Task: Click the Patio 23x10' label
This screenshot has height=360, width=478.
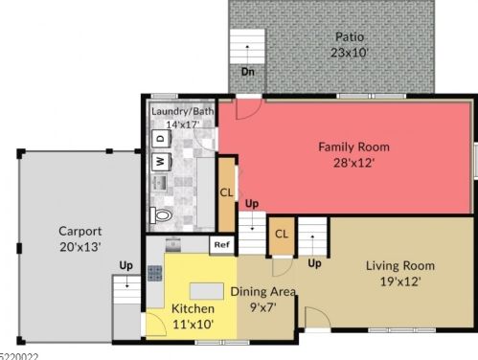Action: (x=350, y=45)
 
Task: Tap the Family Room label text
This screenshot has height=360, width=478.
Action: (x=353, y=147)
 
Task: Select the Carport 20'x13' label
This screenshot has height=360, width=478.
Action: (x=80, y=238)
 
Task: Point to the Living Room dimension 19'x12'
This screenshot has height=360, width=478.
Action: (x=400, y=281)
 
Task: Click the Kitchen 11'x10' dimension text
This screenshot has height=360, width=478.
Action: (x=193, y=325)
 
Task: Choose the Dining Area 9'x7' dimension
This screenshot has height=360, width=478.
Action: (x=262, y=307)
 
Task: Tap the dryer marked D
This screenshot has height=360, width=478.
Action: (x=161, y=139)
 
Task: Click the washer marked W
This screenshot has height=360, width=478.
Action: (x=161, y=162)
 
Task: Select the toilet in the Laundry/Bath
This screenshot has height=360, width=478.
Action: (x=161, y=215)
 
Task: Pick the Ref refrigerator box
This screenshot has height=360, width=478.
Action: (x=222, y=245)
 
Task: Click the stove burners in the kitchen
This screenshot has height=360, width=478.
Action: (x=155, y=274)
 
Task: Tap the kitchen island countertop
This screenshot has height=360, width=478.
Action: (x=207, y=291)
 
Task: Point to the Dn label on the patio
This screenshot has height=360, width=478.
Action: (x=248, y=72)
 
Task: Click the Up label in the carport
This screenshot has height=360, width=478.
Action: (x=125, y=265)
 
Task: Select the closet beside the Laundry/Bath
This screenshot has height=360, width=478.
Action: (x=226, y=193)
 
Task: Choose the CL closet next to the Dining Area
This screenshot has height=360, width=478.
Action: (x=282, y=235)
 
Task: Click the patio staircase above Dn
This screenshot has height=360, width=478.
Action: (x=247, y=47)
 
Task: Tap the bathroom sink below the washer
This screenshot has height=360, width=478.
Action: (x=159, y=183)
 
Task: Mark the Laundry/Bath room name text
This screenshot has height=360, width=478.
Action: (x=182, y=112)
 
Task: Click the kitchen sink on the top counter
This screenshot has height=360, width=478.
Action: (x=173, y=244)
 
